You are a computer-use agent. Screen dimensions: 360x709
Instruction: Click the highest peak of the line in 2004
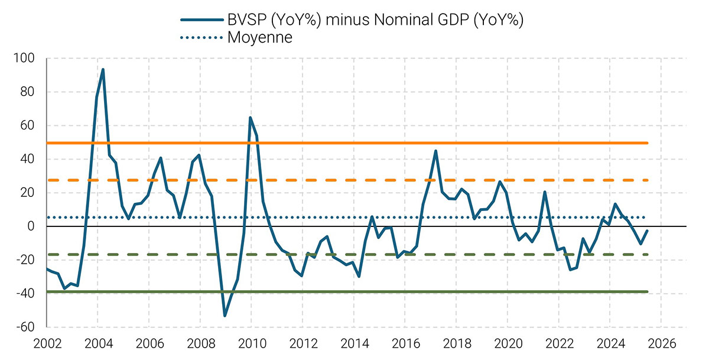coord(103,70)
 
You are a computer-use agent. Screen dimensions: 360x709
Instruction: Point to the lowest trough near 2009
coord(225,316)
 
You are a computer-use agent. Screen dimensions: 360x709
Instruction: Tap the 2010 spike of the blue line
coord(251,118)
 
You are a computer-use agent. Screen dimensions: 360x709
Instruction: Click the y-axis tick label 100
coord(27,59)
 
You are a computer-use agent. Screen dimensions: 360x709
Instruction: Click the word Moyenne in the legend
coord(260,38)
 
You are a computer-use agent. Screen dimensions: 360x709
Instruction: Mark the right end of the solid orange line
coord(648,143)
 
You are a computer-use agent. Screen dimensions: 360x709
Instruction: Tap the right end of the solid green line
coord(648,292)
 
